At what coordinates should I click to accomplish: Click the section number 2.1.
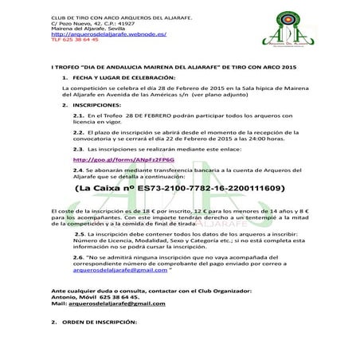[78, 115]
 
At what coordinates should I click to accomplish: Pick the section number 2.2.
[78, 131]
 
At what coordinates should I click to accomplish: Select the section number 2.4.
[78, 170]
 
